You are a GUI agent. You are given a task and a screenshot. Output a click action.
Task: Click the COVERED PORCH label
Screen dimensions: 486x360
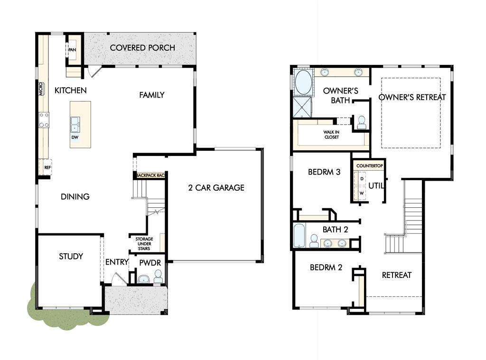coord(142,48)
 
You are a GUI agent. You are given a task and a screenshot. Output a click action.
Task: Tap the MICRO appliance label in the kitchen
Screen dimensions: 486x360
coord(41,89)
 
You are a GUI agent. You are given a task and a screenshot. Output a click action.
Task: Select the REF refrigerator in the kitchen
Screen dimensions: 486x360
coord(45,167)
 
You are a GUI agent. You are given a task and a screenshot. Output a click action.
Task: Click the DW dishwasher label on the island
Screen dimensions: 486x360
coord(75,137)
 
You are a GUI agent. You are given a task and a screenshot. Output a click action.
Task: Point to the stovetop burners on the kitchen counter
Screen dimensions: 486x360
coord(44,120)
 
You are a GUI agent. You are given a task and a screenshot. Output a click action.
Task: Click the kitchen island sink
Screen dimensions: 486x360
coord(75,125)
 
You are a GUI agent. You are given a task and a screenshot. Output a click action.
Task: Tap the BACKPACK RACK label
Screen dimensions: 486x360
coord(150,175)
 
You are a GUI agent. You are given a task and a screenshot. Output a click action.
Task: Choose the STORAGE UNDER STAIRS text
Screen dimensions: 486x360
coord(144,244)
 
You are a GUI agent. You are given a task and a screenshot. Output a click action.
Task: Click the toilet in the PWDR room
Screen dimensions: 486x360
coord(158,277)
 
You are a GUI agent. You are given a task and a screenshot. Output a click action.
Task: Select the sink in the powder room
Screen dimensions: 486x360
coord(143,279)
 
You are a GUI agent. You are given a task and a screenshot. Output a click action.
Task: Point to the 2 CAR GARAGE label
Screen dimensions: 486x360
coord(216,188)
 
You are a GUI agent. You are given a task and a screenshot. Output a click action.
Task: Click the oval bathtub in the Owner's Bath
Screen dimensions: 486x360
coord(303,82)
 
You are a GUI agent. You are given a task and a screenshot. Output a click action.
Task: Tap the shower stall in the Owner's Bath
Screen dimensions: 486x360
coord(302,107)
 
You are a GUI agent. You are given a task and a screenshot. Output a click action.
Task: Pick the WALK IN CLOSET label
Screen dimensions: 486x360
coord(331,134)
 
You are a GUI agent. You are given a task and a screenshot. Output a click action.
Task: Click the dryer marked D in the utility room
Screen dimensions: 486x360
coord(361,179)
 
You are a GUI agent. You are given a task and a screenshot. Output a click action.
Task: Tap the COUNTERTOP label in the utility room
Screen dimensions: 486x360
coord(369,166)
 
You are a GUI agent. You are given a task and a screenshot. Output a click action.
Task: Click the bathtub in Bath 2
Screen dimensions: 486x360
coord(300,236)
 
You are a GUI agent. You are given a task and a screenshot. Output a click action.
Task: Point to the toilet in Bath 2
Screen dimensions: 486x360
coord(314,241)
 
